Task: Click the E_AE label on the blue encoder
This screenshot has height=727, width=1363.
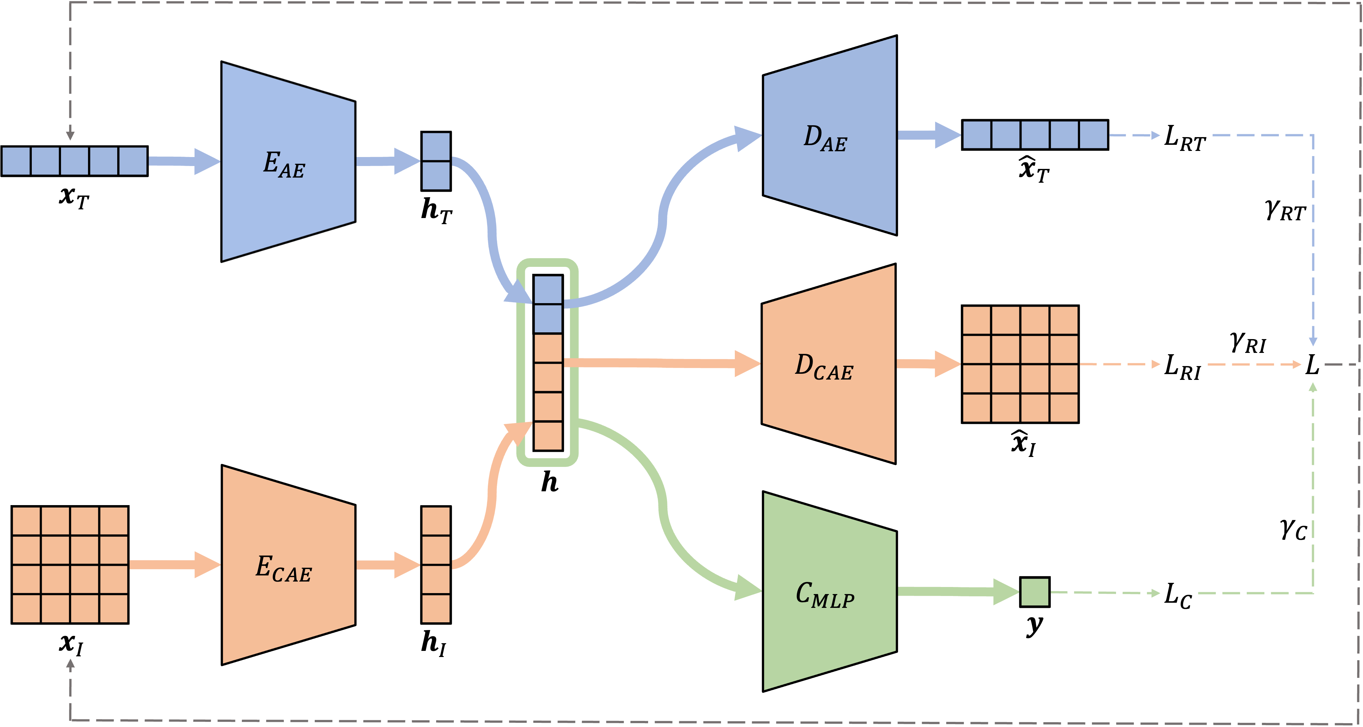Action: pos(284,164)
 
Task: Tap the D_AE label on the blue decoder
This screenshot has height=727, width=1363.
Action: pos(825,139)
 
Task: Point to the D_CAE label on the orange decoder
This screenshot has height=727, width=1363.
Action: pos(824,367)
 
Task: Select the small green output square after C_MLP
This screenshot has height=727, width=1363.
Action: pos(1034,592)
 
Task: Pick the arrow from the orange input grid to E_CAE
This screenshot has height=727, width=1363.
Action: pos(175,565)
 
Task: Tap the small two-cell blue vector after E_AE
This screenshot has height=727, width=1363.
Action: pos(436,161)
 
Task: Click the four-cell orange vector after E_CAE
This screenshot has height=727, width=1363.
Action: pos(436,565)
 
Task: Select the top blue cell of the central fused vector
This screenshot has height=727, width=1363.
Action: pos(548,290)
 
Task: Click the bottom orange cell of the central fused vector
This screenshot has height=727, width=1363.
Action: pos(548,436)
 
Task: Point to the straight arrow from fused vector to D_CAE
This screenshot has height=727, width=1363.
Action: pos(661,363)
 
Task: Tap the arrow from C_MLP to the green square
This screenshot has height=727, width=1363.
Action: pos(958,591)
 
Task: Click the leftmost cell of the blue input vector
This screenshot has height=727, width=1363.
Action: pos(16,161)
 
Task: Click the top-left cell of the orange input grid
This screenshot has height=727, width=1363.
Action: pos(26,521)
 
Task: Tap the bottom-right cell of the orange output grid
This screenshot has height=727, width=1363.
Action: pos(1064,408)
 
